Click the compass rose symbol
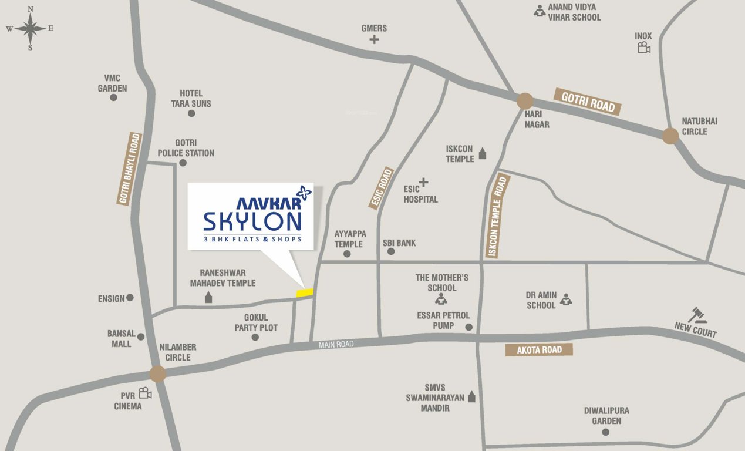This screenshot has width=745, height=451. [30, 28]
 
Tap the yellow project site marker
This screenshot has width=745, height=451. [305, 292]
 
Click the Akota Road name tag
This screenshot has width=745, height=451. [539, 350]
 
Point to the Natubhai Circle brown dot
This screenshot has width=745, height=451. [670, 136]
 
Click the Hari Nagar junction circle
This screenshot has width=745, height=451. [525, 101]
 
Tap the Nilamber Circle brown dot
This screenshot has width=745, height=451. [157, 373]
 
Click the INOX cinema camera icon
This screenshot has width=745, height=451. [644, 48]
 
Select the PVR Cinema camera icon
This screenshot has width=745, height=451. [145, 393]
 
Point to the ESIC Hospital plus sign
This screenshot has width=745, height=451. [423, 183]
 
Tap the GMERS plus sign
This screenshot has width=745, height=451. [374, 40]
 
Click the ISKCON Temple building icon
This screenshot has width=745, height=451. [483, 154]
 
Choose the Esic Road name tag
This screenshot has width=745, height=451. [381, 188]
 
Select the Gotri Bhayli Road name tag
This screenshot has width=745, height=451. [130, 169]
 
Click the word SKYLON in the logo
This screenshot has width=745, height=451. [252, 221]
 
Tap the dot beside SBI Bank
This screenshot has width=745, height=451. [391, 251]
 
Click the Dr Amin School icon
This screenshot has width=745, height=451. [565, 299]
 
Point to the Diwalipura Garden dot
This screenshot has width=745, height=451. [605, 432]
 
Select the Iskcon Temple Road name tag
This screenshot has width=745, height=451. [496, 216]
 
